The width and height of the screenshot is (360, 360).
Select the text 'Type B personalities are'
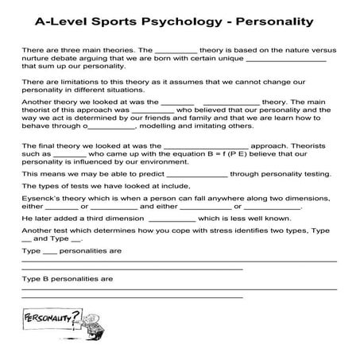pos(69,279)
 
